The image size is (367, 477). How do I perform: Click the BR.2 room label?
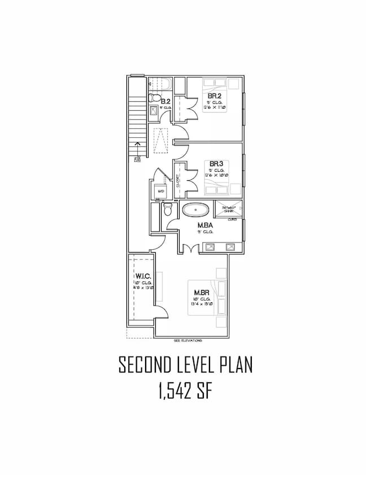click(x=213, y=96)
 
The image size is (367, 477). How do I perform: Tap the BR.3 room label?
click(x=213, y=164)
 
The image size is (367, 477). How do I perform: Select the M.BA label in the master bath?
click(x=204, y=226)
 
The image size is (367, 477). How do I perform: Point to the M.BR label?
click(x=201, y=293)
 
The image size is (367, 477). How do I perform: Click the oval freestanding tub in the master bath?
click(x=195, y=211)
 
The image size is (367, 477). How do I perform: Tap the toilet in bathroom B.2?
click(x=154, y=98)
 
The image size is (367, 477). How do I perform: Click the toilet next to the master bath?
click(x=167, y=211)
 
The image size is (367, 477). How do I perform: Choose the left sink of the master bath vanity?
click(x=210, y=247)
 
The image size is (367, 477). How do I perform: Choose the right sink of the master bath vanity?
click(x=230, y=247)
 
